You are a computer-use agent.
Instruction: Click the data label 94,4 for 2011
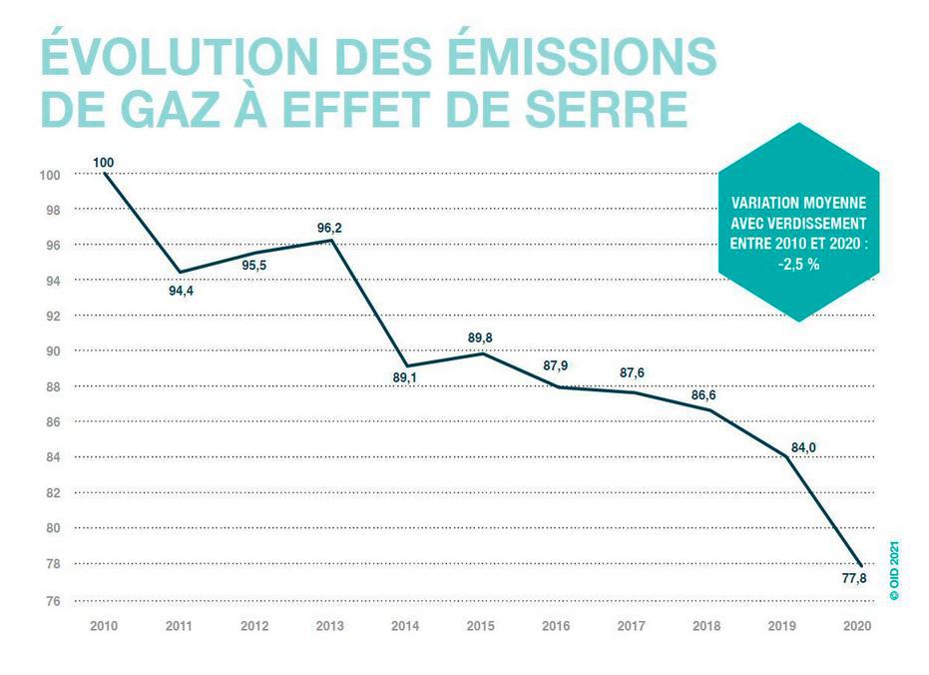[x=179, y=292]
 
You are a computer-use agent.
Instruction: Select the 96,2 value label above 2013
[x=330, y=228]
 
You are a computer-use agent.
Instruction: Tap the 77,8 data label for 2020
[x=854, y=578]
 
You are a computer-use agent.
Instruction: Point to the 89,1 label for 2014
[x=406, y=377]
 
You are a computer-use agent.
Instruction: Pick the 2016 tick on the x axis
[x=557, y=626]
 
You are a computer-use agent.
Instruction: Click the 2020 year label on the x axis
[x=857, y=626]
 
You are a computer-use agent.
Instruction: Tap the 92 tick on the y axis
[x=52, y=316]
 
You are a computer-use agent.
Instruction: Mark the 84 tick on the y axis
[x=52, y=457]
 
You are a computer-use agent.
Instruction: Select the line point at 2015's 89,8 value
[x=482, y=352]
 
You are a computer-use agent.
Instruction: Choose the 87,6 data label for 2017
[x=632, y=373]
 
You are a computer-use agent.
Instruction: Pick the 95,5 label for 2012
[x=255, y=266]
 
